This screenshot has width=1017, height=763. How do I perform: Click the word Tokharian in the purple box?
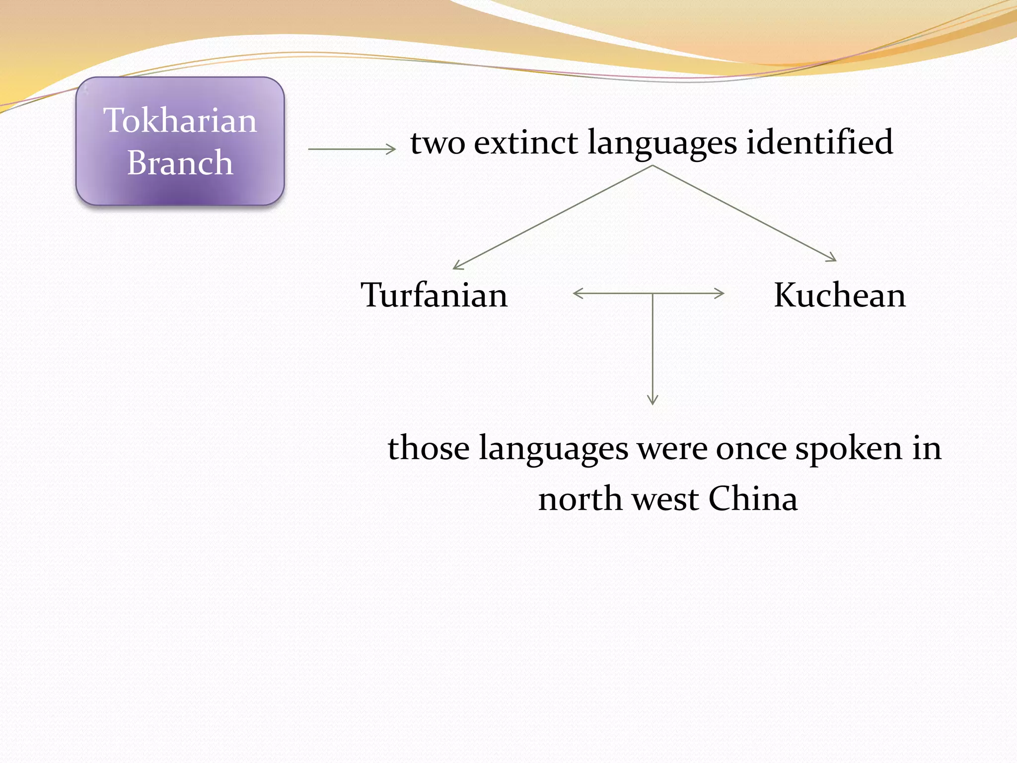(x=180, y=120)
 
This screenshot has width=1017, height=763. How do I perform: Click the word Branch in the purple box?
(x=180, y=162)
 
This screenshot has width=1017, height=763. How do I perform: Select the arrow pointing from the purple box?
(x=352, y=149)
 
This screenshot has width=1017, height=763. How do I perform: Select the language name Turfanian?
(x=434, y=295)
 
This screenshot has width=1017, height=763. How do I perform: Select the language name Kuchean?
(x=840, y=295)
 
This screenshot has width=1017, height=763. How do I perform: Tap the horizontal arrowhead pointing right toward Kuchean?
(x=721, y=293)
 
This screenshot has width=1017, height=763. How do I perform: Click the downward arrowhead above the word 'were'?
(x=653, y=400)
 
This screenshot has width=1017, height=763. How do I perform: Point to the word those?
(x=428, y=448)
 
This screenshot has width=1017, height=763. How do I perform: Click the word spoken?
(x=849, y=449)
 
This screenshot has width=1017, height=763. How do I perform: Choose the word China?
(x=753, y=499)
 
